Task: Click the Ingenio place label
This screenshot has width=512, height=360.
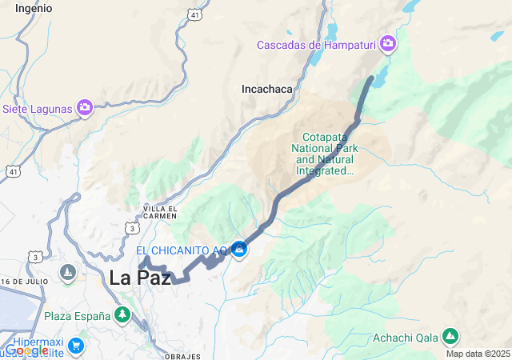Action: coord(34,8)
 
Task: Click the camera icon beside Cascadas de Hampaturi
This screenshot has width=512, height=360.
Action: coord(388,43)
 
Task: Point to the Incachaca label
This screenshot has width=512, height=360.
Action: coord(267,90)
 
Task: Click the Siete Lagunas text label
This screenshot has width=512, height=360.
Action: coord(37,108)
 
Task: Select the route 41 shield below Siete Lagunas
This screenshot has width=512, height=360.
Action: coord(12,171)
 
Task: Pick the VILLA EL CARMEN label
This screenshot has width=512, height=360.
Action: coord(160,213)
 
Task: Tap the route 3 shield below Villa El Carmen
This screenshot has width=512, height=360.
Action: coord(130,229)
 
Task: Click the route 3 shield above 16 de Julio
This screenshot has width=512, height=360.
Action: coord(34,257)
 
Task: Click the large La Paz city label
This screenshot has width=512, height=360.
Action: coord(140,278)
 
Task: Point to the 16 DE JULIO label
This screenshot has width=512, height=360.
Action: coord(26,282)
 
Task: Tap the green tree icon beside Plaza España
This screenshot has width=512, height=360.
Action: coord(122,315)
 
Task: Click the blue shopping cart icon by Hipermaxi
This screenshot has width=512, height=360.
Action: coord(76,346)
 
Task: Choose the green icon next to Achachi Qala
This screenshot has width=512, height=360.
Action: coord(450,336)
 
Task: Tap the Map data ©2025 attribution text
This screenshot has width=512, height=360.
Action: coord(477,354)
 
